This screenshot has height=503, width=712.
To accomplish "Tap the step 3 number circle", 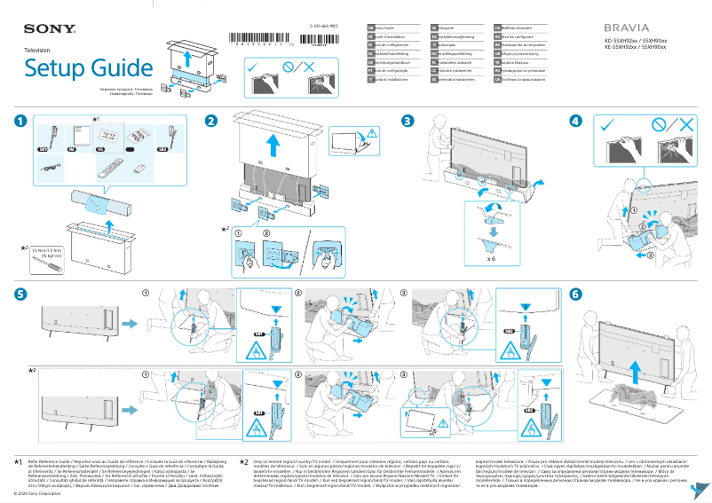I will pos(407,121).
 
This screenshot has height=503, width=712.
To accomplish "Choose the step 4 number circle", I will pos(576,121).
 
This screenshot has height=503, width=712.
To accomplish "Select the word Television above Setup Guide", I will pos(37,51).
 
